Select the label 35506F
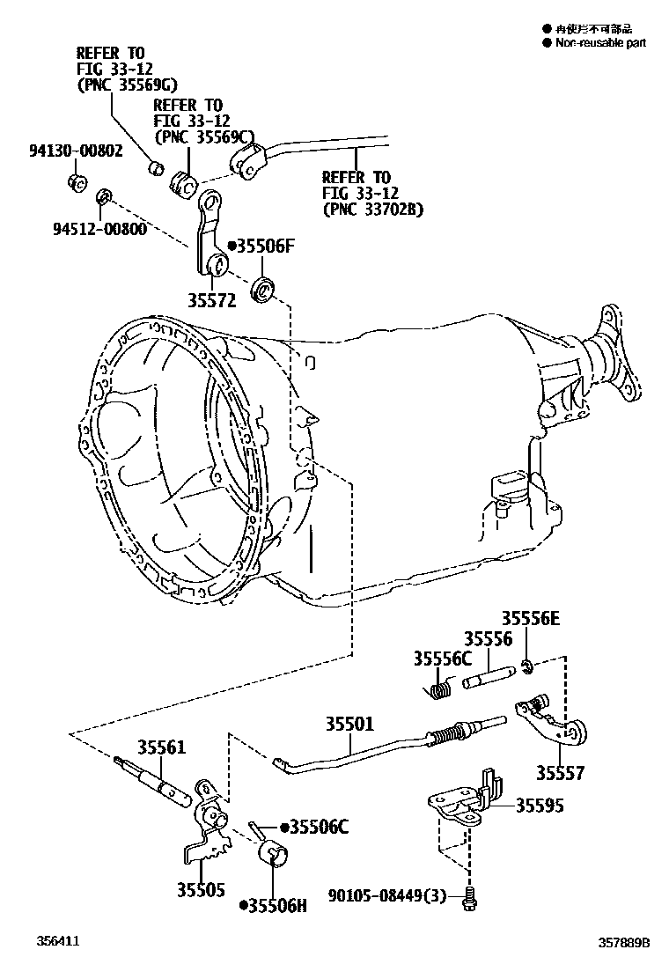263,247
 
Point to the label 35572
211,300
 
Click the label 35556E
530,620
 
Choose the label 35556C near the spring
443,659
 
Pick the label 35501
350,724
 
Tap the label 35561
161,748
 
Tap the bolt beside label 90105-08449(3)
470,899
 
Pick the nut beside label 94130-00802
76,183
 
